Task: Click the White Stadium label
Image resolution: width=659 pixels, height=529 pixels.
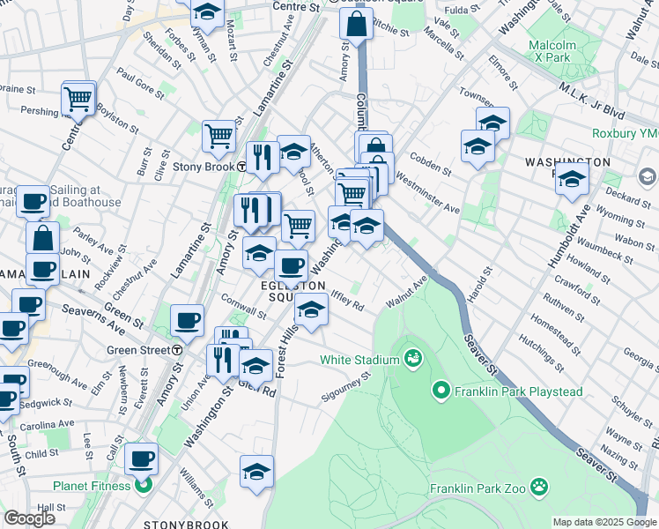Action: pos(359,359)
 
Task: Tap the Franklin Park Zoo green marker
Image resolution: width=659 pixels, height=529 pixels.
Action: pos(538,488)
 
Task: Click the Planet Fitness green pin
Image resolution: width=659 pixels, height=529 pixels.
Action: pos(144,484)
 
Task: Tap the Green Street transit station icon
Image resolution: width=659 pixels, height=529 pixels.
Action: pos(177,350)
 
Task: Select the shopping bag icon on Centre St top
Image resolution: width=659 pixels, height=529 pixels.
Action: pos(355,24)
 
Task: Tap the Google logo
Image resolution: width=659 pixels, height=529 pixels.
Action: pos(29,518)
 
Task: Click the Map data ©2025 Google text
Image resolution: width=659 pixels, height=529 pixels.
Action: pos(604,522)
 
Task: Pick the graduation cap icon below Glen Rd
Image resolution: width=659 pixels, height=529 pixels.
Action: pos(256,471)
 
